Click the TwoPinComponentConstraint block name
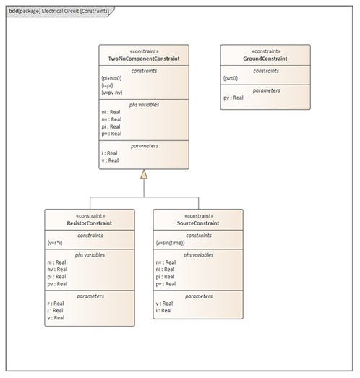144,59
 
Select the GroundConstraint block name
265,59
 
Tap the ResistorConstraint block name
90,223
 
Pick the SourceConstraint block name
198,223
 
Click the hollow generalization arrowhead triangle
144,174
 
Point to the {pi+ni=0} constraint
111,78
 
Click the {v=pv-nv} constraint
112,93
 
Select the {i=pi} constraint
107,85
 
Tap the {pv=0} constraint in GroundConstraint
231,78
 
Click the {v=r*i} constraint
55,243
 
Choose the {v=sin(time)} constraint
170,243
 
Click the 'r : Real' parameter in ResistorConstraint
56,304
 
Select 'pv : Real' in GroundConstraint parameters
233,98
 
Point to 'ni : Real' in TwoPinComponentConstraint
111,112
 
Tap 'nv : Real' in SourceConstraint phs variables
166,262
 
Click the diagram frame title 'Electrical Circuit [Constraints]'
75,11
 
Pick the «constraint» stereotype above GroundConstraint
266,51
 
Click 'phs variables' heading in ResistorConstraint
90,255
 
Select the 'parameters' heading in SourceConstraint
199,296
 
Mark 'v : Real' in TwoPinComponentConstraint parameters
110,160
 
